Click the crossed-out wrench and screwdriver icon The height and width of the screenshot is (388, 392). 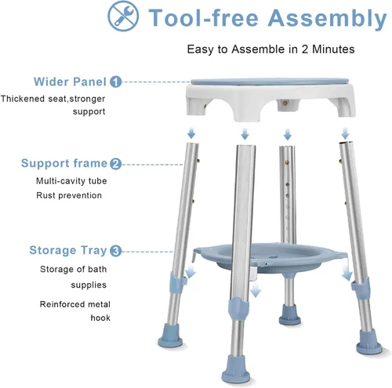123,16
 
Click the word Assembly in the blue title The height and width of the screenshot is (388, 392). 327,19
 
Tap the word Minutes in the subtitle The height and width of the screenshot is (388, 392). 333,49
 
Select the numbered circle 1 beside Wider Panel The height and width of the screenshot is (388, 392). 116,82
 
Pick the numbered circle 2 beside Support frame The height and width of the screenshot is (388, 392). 116,164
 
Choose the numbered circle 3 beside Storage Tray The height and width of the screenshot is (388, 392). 116,251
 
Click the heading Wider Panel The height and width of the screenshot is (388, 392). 70,82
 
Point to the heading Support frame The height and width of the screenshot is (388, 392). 64,163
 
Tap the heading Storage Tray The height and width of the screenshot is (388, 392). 68,251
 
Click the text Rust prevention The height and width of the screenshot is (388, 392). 69,195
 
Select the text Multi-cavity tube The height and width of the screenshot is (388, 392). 71,181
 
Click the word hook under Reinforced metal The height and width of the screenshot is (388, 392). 100,317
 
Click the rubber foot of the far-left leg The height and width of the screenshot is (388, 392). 170,335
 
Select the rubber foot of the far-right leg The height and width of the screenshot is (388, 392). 369,342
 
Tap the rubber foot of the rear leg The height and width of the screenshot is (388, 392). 289,315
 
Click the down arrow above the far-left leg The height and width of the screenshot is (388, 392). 191,132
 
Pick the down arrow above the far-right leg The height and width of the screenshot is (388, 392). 345,133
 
